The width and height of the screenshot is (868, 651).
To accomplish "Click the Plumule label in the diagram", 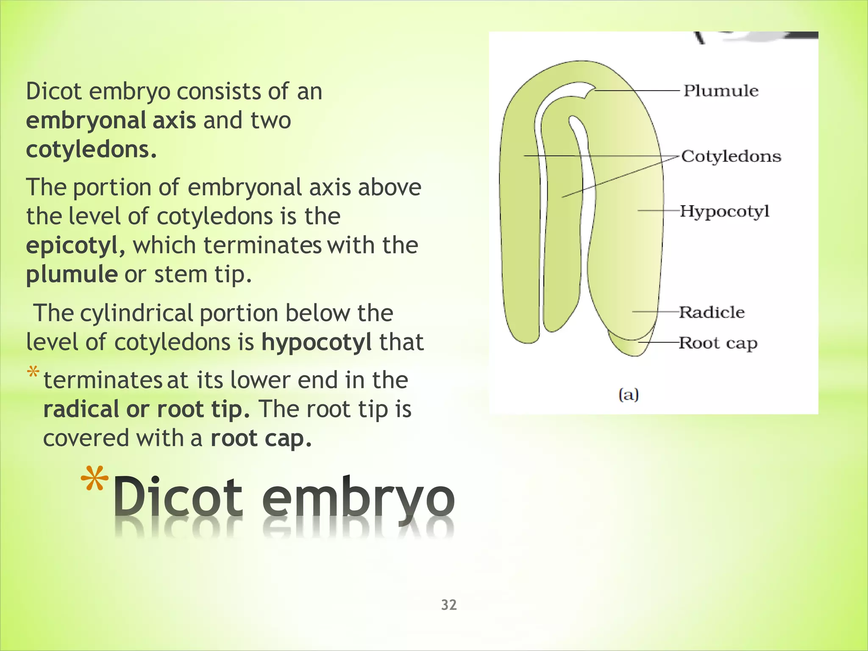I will click(x=721, y=91).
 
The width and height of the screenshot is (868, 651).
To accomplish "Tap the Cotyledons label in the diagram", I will click(x=731, y=156).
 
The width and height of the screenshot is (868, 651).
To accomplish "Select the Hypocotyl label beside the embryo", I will click(x=724, y=211).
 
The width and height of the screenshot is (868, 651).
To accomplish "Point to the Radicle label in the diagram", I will click(x=712, y=312).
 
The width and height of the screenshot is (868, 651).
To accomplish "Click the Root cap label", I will click(x=718, y=343).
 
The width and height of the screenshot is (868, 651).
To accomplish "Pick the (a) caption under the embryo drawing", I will click(x=629, y=395).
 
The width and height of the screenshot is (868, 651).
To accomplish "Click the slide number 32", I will click(x=449, y=604).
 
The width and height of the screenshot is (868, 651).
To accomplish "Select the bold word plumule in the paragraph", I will click(x=72, y=274).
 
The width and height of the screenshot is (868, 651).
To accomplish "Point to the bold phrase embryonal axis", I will click(x=111, y=120).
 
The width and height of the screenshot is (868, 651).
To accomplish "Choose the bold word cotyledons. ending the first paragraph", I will click(x=91, y=149).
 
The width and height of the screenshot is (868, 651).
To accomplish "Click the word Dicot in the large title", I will click(x=178, y=496).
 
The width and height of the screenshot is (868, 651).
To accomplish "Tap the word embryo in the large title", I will click(x=358, y=496).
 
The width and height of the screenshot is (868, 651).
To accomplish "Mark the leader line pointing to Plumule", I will click(x=636, y=90).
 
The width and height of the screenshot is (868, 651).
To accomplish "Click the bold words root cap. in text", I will click(x=261, y=438).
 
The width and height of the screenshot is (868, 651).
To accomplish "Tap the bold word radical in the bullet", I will click(x=81, y=409).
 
